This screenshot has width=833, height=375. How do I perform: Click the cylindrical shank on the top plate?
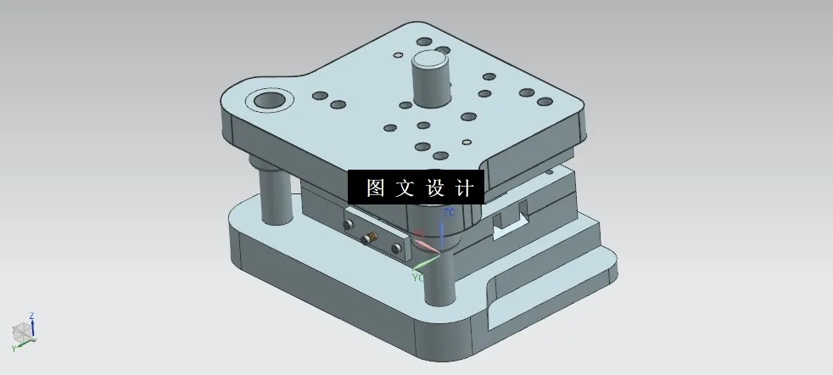click(x=432, y=80)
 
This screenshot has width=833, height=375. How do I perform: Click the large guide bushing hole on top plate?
click(x=268, y=103)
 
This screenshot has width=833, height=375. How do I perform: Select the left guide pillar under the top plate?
click(x=272, y=194)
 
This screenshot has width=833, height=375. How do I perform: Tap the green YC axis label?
click(x=418, y=277)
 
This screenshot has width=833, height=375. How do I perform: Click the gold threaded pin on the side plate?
click(x=370, y=238)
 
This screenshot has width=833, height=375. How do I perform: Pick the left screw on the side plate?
click(x=347, y=225)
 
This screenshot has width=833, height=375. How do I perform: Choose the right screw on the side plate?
click(x=396, y=248)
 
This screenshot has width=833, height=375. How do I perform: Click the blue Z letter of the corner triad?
click(x=31, y=316)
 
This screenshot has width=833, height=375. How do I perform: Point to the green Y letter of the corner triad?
click(x=14, y=349)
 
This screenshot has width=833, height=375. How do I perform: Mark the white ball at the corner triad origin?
click(x=24, y=333)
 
